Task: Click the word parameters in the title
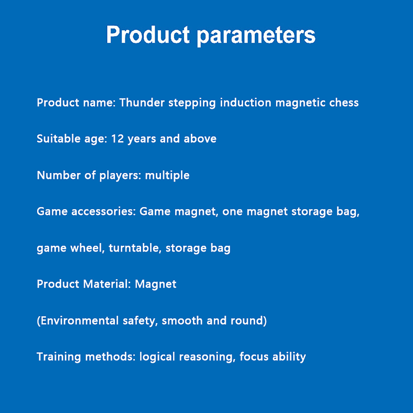256,36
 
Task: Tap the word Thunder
142,102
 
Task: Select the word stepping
192,103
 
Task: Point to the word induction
245,102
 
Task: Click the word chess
344,102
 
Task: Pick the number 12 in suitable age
118,139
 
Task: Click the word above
200,139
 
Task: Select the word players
119,176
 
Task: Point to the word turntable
134,248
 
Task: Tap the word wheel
86,248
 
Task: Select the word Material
106,284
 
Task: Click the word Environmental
80,321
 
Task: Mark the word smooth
182,321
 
